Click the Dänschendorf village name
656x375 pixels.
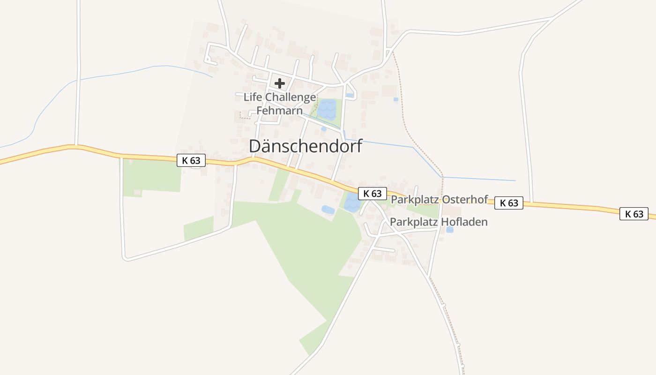[x=306, y=146]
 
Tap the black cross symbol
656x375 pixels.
[x=280, y=83]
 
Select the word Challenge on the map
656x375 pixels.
[x=291, y=97]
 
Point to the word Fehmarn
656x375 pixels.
[x=279, y=112]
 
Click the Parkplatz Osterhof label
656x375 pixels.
[x=440, y=199]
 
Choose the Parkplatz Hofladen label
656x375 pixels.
[x=439, y=222]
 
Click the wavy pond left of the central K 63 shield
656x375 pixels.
[x=351, y=202]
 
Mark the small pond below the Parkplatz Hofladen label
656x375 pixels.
[x=450, y=230]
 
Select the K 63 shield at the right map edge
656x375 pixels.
[x=634, y=214]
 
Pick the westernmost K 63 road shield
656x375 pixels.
[x=191, y=160]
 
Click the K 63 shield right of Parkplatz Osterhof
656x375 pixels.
[x=508, y=203]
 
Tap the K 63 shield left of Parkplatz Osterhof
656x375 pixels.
[x=373, y=193]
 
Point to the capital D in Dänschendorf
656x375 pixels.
[x=255, y=146]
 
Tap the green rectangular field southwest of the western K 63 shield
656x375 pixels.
[x=152, y=176]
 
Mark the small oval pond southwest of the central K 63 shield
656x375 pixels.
[x=328, y=210]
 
